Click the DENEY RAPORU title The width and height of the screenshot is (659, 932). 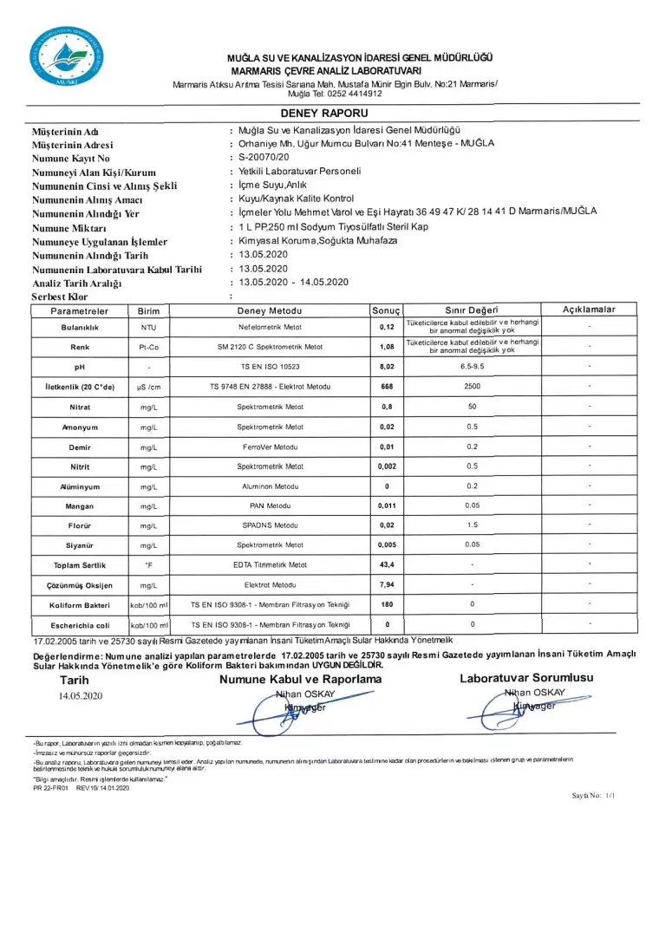tap(323, 114)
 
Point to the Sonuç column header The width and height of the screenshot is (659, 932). tap(386, 310)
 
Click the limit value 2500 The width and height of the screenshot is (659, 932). tap(472, 387)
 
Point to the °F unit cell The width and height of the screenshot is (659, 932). tap(148, 565)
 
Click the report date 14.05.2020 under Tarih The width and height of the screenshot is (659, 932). tap(81, 696)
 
